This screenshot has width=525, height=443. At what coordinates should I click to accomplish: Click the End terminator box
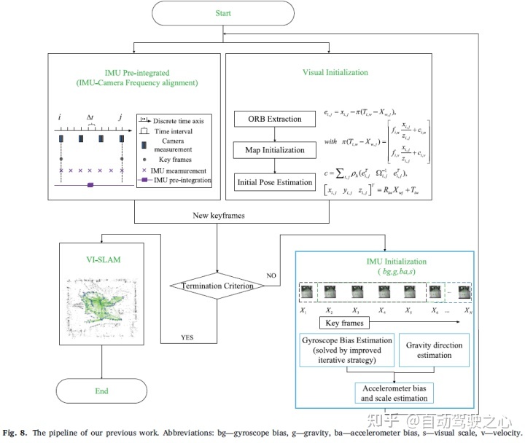point(101,391)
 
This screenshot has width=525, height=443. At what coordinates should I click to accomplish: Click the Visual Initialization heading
point(335,73)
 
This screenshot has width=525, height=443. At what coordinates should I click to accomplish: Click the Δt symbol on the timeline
point(90,117)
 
